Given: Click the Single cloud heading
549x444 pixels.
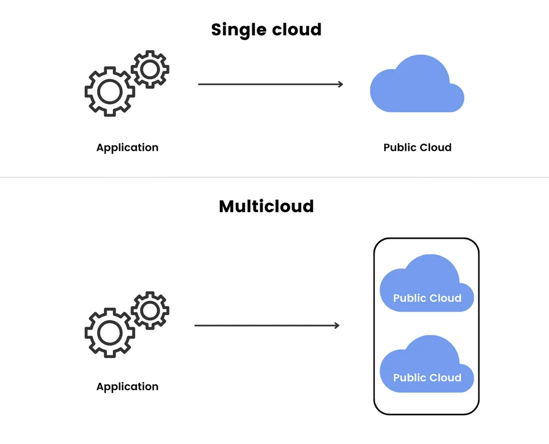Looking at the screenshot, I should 266,29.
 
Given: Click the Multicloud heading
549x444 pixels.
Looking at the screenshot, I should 266,206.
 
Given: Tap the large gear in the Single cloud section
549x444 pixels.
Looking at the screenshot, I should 109,91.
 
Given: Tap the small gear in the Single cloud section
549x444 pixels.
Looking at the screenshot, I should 150,69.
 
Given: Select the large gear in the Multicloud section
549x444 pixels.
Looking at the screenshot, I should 109,332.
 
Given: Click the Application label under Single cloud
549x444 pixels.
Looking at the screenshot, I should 127,147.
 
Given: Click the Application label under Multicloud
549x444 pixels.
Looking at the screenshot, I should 127,387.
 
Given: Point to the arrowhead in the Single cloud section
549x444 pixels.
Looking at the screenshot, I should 340,84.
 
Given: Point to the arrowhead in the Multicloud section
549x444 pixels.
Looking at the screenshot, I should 336,325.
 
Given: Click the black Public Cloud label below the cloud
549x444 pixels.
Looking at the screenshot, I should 417,147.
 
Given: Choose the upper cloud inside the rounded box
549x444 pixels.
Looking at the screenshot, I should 427,286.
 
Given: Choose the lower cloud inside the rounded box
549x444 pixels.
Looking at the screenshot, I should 427,366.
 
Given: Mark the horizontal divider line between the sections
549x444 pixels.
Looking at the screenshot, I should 274,177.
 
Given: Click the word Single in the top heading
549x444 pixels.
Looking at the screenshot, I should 235,30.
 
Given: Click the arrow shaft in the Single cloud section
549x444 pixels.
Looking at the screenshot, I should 266,84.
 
